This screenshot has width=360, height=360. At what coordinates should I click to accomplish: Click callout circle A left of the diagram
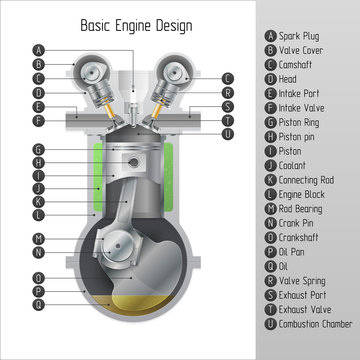38,49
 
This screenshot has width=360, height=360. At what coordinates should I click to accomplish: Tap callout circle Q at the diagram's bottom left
38,302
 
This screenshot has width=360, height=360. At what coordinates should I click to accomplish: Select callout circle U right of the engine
228,134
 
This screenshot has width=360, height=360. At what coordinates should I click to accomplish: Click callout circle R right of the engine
228,92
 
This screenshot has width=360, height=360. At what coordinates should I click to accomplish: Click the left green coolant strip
96,180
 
